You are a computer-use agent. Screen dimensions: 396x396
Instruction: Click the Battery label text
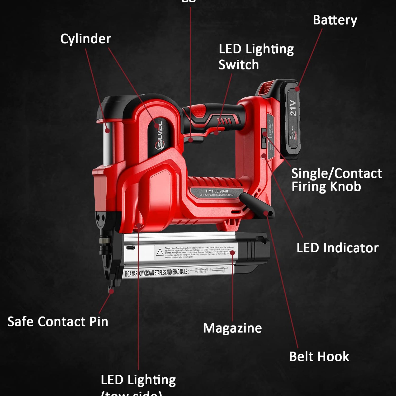335,20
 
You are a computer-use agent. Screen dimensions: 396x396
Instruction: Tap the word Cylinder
86,39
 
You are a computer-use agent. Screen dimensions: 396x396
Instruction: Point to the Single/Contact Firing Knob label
336,180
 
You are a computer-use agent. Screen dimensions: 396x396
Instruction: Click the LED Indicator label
337,248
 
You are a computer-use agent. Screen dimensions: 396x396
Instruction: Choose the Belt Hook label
319,356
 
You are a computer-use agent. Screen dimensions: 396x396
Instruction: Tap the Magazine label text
232,328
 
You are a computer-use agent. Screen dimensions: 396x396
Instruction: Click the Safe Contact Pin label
58,322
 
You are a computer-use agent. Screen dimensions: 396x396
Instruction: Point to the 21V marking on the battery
293,108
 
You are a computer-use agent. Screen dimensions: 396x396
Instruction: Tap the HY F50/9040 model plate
217,192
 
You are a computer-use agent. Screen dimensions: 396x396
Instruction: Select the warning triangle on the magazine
160,252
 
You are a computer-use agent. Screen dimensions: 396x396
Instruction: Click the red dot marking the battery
297,89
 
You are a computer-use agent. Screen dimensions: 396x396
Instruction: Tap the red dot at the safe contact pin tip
111,291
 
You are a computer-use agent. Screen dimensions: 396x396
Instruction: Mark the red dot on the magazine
232,253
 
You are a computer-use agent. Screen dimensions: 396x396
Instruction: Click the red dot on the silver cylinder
107,130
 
